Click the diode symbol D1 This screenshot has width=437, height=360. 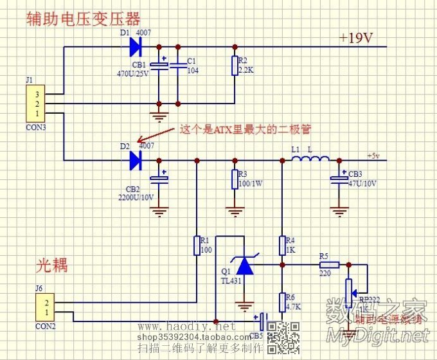pyautogui.click(x=135, y=46)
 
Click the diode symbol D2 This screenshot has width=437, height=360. pyautogui.click(x=135, y=160)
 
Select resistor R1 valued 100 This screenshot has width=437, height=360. pyautogui.click(x=197, y=245)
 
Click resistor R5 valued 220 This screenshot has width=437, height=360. pyautogui.click(x=329, y=264)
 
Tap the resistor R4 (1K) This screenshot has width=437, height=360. pyautogui.click(x=281, y=245)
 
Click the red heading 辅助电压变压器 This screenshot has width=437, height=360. pyautogui.click(x=83, y=19)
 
